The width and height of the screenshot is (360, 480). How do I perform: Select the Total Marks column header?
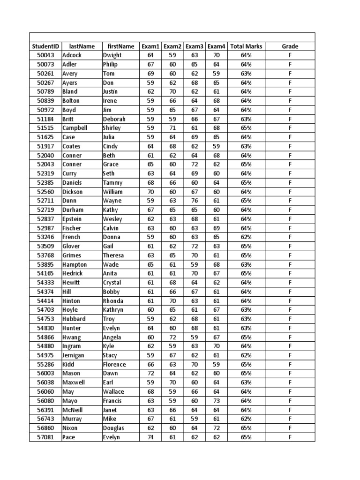246,46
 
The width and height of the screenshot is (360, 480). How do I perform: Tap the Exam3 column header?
195,46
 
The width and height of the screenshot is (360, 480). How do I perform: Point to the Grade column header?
290,46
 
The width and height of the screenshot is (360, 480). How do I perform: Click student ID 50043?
45,55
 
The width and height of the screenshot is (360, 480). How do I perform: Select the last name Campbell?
75,128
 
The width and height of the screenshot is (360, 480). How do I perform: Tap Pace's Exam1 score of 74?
150,437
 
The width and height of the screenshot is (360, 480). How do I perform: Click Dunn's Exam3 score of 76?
195,201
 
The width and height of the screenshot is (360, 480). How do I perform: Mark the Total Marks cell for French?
246,237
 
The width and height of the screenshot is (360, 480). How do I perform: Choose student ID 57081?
45,437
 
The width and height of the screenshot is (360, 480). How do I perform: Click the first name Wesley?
112,219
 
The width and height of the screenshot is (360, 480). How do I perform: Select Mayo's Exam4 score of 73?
216,401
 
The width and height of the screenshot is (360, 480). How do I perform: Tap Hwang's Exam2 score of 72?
172,337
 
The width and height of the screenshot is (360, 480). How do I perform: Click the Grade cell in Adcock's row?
290,55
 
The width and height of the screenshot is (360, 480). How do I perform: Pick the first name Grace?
111,165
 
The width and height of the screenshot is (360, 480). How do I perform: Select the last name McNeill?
74,410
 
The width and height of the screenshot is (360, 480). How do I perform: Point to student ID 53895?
45,264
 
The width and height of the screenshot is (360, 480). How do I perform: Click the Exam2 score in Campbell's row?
172,128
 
